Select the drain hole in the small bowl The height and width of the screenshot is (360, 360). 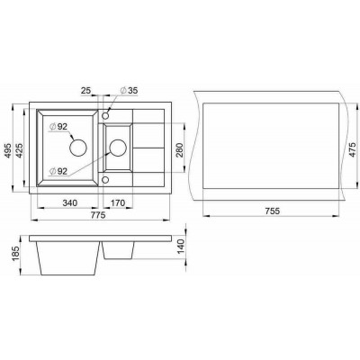pyautogui.click(x=116, y=148)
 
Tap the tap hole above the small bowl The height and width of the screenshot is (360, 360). pyautogui.click(x=106, y=115)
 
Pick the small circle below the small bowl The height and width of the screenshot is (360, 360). pyautogui.click(x=106, y=180)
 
